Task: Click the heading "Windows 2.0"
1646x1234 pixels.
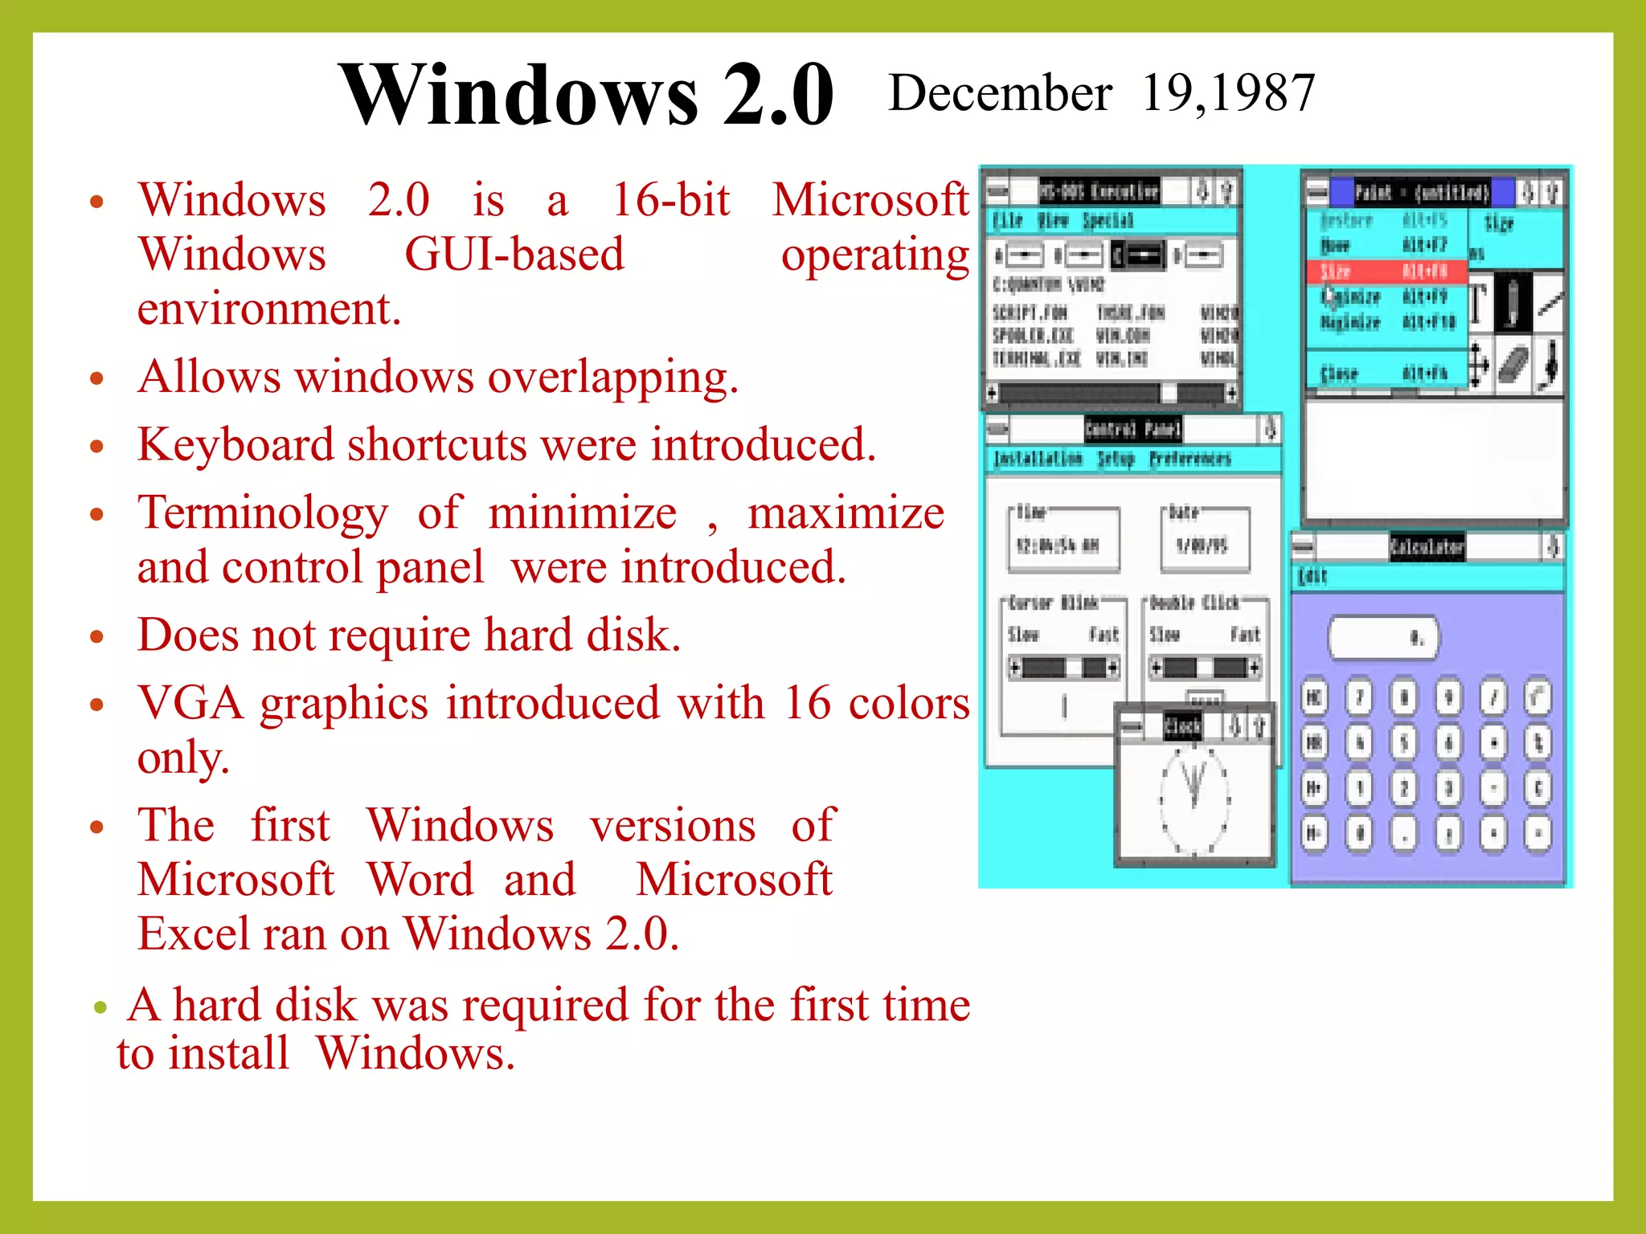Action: tap(587, 95)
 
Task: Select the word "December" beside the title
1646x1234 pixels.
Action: tap(1000, 92)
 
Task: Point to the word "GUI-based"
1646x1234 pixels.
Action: tap(514, 255)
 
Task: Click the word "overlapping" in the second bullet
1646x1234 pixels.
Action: tap(611, 377)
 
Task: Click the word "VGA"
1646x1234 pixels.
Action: tap(190, 703)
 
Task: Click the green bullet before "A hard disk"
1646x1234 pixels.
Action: tap(100, 1007)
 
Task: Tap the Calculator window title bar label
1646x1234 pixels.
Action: tap(1427, 547)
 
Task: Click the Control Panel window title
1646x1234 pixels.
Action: tap(1132, 429)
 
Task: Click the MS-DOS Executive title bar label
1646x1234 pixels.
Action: tap(1099, 191)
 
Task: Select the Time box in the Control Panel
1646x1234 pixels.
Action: tap(1063, 540)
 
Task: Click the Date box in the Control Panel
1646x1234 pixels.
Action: tap(1204, 540)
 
